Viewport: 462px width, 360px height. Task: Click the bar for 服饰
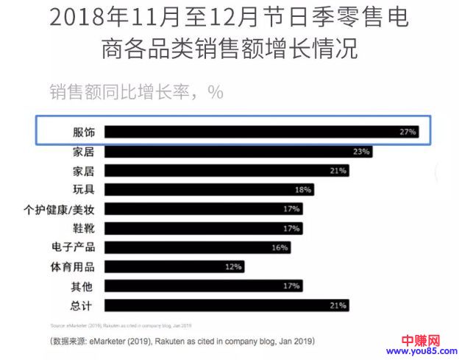pos(261,133)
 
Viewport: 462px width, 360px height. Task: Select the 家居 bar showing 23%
pos(238,152)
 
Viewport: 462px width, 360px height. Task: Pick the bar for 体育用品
pos(174,267)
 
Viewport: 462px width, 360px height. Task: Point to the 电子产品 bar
pos(197,247)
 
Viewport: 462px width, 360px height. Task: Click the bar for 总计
pos(227,305)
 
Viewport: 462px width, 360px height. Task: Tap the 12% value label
pos(233,267)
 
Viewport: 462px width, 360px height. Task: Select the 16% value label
pos(280,247)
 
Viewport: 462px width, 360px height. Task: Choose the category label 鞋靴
pos(84,228)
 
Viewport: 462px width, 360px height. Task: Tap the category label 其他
pos(84,286)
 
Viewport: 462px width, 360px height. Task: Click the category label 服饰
pos(84,133)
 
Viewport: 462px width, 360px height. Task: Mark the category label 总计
pos(84,305)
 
